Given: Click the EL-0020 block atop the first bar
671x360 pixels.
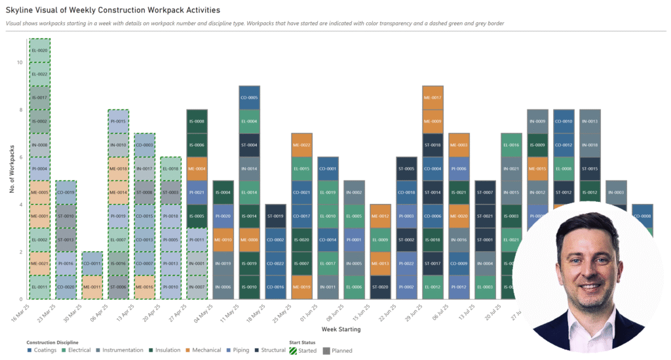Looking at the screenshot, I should coord(39,50).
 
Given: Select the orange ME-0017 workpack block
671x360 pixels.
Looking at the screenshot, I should coord(432,98).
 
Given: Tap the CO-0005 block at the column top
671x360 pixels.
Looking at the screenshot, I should coord(249,98).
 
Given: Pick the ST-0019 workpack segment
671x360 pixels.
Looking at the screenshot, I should coord(275,216).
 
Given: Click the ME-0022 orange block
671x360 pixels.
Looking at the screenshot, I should coord(301,145).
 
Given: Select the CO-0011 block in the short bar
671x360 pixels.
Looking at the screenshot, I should coord(92,264).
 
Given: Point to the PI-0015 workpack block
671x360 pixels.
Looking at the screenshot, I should coord(118,121).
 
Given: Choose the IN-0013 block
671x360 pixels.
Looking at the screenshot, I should coord(590,121).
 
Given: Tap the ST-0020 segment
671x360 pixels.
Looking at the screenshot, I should coord(380,287).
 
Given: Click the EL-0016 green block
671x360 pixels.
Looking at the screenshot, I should coord(511,145).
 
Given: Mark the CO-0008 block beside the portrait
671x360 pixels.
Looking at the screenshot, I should coord(642,216).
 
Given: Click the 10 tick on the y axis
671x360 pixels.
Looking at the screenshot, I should coord(20,63).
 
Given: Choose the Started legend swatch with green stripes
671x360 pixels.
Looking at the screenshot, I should coord(294,350).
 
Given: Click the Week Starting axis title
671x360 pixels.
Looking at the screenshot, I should coord(340,329).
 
